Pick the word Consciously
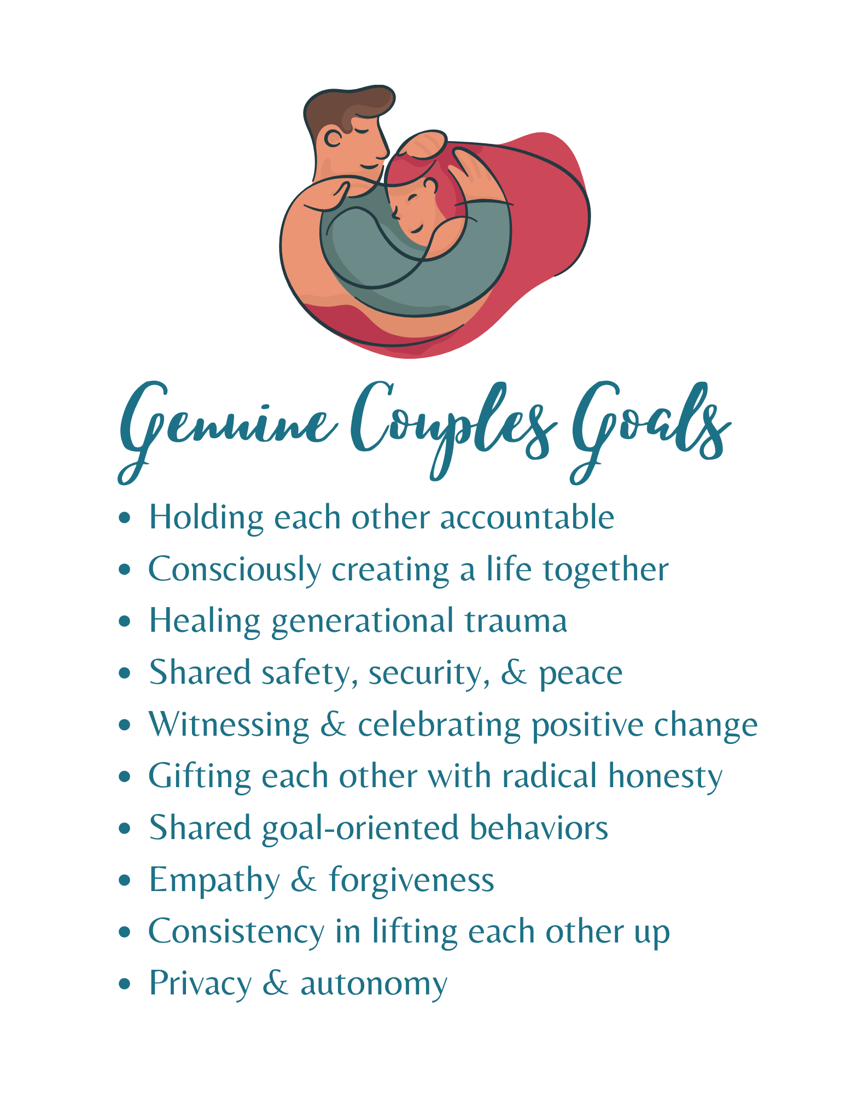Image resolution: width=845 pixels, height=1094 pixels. coord(235,571)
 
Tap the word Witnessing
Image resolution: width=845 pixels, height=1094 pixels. coord(229,726)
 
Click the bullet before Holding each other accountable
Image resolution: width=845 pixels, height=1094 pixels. coord(125,517)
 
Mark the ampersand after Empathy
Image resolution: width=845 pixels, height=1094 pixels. coord(304,880)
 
